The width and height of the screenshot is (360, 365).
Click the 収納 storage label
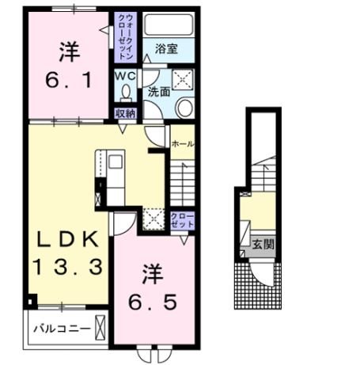125,113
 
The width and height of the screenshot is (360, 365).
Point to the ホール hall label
183,143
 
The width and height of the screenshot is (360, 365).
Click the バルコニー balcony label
58,327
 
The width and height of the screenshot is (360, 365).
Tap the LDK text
66,238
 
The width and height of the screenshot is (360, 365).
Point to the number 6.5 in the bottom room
154,302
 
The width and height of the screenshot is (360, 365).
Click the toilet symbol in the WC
126,93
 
